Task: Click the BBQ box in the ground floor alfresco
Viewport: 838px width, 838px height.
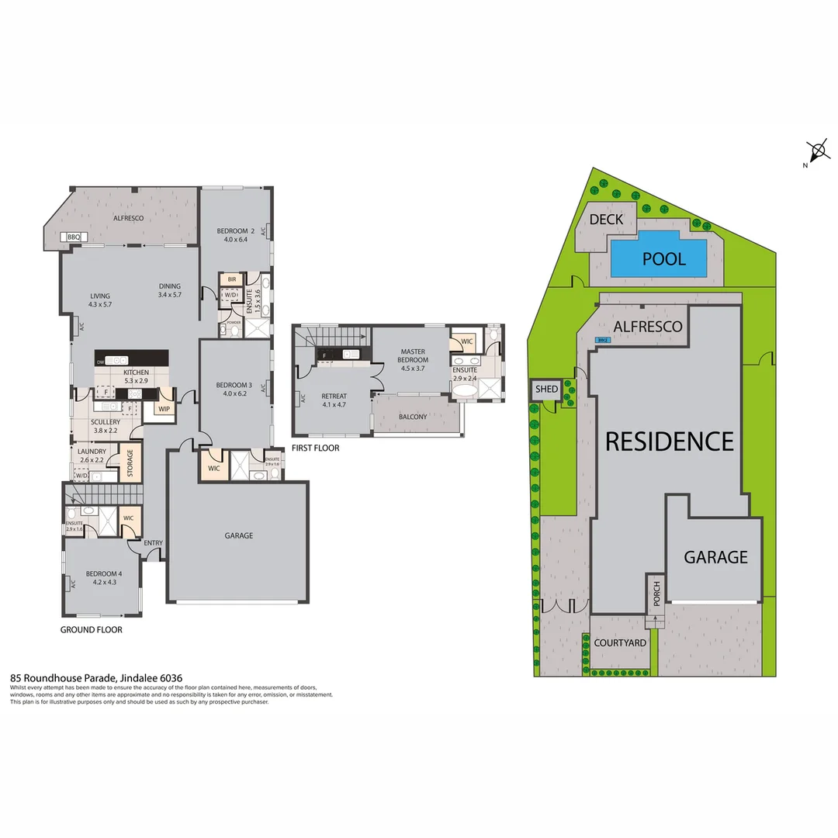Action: pos(74,237)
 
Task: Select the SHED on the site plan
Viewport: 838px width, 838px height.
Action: pos(546,389)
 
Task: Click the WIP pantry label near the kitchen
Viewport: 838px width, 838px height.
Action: pos(164,408)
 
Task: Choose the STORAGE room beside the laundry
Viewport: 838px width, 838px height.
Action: pos(130,463)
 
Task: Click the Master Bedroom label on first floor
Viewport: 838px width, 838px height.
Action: pos(413,355)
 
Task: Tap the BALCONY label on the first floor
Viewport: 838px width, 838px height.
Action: pos(413,417)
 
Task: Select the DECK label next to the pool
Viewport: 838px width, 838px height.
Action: pos(606,220)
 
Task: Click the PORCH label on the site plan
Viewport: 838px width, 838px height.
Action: pos(656,594)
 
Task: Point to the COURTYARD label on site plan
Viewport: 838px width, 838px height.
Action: pos(620,643)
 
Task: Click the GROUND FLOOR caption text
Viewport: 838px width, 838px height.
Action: pos(91,630)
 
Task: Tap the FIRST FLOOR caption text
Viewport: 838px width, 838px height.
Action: pos(315,448)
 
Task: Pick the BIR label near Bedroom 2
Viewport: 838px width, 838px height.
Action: pos(231,279)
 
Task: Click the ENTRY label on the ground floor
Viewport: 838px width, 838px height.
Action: pos(153,543)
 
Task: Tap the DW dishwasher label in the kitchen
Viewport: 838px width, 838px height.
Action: pos(100,362)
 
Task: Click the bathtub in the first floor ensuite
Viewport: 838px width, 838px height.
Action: pos(464,390)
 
